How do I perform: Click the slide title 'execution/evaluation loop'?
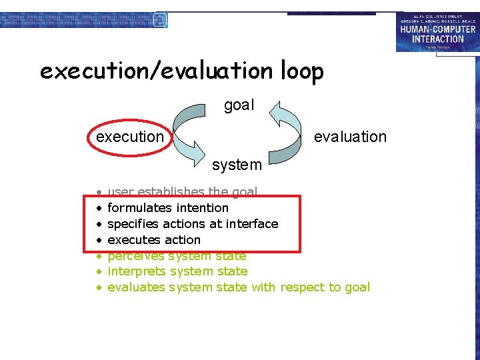(181, 71)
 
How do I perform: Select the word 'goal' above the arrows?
(239, 105)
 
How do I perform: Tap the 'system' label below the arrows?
(237, 164)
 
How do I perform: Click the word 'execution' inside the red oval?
(130, 137)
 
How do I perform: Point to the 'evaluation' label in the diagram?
(350, 137)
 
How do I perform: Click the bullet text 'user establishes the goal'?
(182, 192)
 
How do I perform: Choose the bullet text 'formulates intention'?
(168, 208)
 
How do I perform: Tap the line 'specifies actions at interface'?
(193, 224)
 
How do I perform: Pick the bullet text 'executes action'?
(154, 240)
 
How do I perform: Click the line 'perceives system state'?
(177, 256)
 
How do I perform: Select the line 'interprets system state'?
(177, 271)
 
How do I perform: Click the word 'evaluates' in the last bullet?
(136, 287)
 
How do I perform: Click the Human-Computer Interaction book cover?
(437, 31)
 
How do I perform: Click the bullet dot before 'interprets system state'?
(97, 272)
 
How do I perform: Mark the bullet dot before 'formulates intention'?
(97, 209)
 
